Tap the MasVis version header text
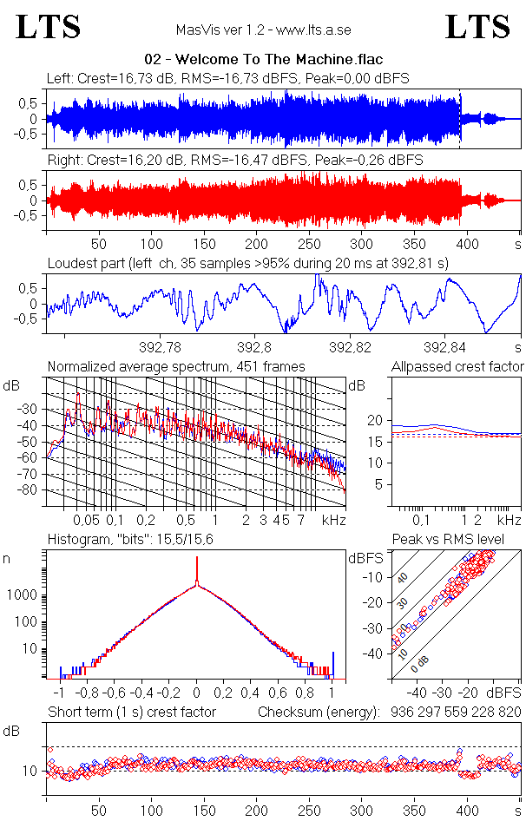263,30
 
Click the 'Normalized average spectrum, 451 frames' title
176,367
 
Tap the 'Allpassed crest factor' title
457,367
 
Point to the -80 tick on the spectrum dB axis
30,490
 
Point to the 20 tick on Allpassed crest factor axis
375,420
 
